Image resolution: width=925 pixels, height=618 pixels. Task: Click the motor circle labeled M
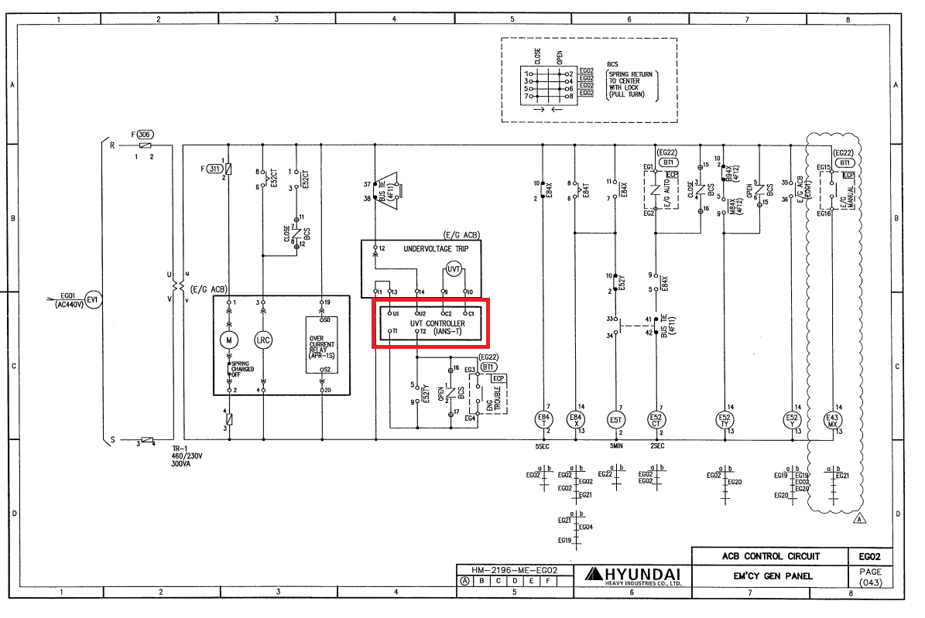coord(228,339)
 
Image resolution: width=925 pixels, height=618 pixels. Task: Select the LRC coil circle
coord(263,339)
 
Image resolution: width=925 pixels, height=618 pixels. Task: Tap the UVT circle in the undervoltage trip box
coord(454,269)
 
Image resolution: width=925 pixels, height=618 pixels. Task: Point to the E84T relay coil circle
coord(546,419)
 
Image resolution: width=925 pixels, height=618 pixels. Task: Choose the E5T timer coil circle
coord(616,419)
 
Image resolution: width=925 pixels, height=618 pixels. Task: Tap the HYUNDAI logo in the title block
coord(633,575)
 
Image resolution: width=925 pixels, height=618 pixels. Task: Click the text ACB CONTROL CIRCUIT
coord(771,556)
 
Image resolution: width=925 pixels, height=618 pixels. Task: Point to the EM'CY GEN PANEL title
coord(771,575)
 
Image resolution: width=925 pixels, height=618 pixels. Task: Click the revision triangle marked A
coord(858,520)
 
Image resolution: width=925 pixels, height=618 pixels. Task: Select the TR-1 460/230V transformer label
coord(187,456)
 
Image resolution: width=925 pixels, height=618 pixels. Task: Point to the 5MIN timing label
coord(616,446)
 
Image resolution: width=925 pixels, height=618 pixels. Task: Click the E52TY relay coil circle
coord(725,419)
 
